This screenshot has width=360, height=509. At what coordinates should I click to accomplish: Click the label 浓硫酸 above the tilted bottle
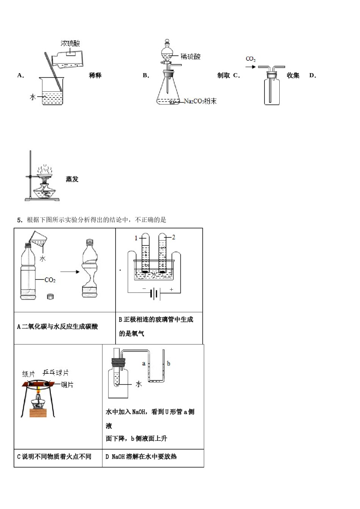(x=70, y=44)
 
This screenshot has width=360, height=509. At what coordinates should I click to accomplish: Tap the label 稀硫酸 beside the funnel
(x=191, y=57)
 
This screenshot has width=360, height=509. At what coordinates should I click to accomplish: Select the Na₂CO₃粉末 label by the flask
(x=200, y=101)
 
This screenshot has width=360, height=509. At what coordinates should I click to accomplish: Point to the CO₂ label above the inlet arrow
(x=250, y=59)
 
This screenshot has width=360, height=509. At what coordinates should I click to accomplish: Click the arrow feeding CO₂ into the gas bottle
(x=250, y=67)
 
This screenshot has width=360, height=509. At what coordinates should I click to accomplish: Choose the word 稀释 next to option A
(x=95, y=75)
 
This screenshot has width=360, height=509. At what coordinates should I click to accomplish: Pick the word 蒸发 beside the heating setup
(x=72, y=179)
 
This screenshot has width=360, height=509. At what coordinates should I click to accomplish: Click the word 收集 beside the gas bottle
(x=293, y=75)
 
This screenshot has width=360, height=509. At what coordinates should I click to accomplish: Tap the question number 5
(x=20, y=220)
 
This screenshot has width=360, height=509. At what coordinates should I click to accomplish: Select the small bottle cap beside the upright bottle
(x=50, y=297)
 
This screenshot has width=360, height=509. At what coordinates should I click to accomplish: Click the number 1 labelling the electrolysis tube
(x=136, y=238)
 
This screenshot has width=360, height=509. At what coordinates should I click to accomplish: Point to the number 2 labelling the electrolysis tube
(x=174, y=237)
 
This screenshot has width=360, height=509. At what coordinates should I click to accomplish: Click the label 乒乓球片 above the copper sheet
(x=56, y=373)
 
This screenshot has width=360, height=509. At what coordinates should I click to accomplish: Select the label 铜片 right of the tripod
(x=67, y=385)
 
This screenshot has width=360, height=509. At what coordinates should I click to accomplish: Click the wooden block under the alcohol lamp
(x=38, y=412)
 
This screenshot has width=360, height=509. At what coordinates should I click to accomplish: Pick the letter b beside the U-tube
(x=168, y=364)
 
